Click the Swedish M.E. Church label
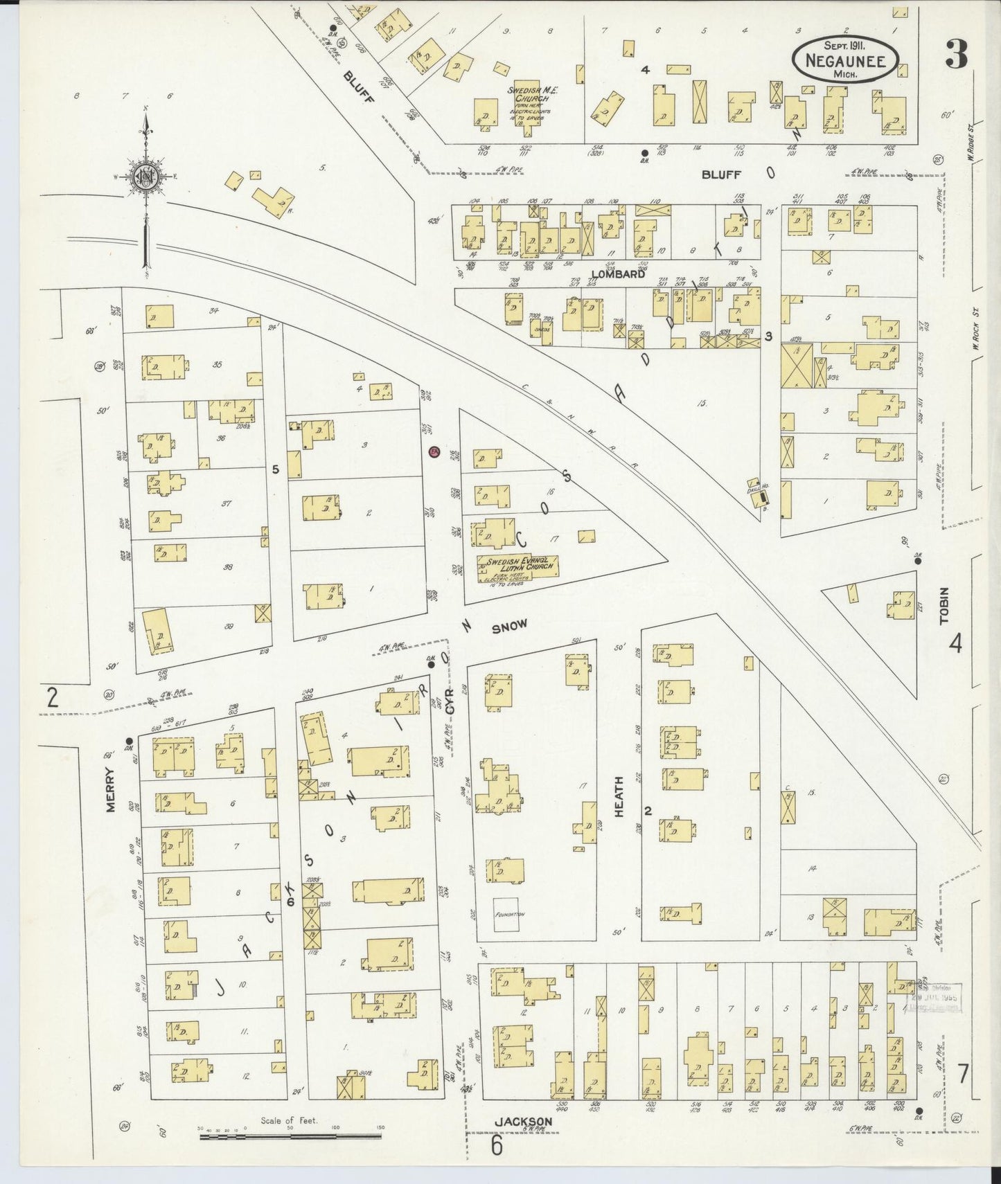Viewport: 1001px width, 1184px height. [528, 94]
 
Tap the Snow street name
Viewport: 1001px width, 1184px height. [509, 626]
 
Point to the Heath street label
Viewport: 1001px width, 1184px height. [619, 796]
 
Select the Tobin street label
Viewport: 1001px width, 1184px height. [944, 607]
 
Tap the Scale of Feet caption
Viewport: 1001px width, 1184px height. [289, 1120]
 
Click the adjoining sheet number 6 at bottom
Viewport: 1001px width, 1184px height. [496, 1145]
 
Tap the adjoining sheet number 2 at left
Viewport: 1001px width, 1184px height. [51, 697]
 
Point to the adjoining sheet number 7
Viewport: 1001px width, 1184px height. [963, 1075]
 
